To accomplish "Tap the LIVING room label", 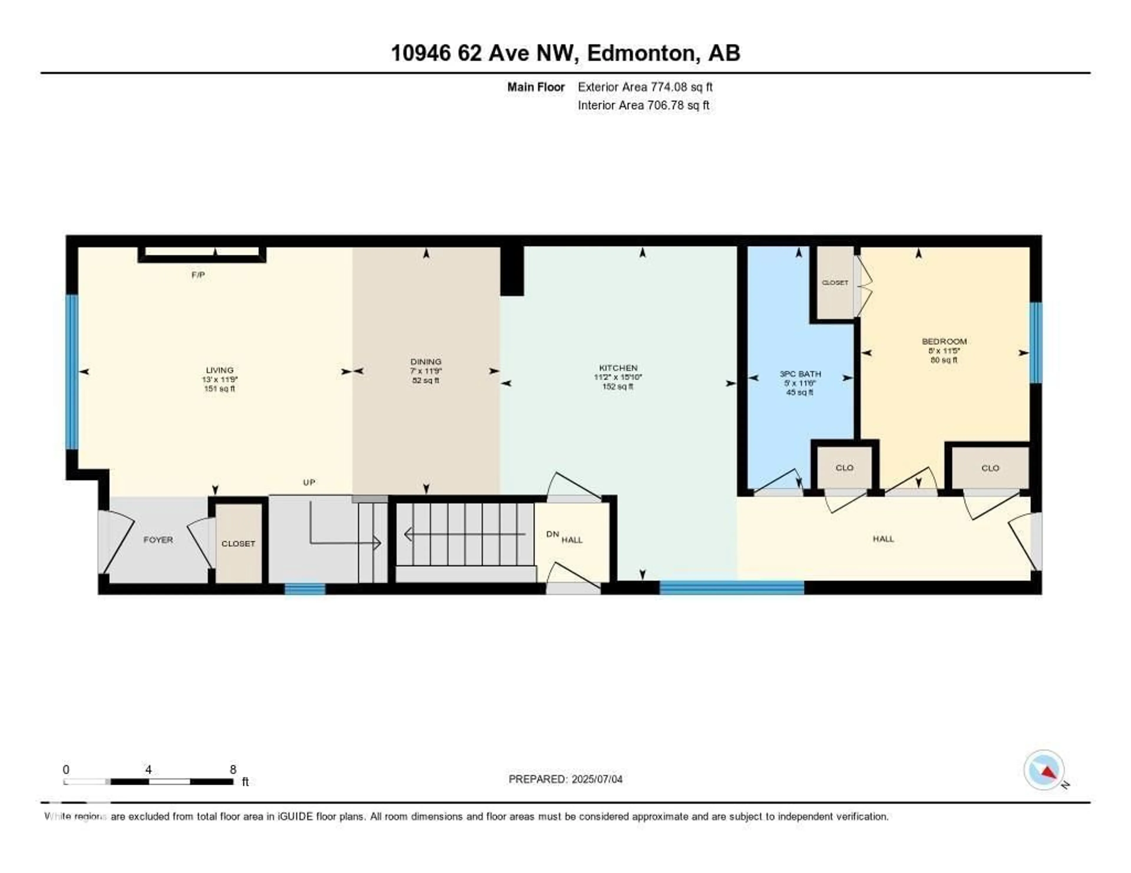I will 219,370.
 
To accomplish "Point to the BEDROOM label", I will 944,341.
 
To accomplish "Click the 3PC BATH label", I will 800,374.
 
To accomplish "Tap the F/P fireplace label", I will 198,275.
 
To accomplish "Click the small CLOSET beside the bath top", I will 835,283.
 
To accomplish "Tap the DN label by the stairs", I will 553,534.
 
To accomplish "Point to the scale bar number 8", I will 233,769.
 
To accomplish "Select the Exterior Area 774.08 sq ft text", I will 645,87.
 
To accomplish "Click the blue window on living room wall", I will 72,371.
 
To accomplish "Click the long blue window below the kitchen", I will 731,587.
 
